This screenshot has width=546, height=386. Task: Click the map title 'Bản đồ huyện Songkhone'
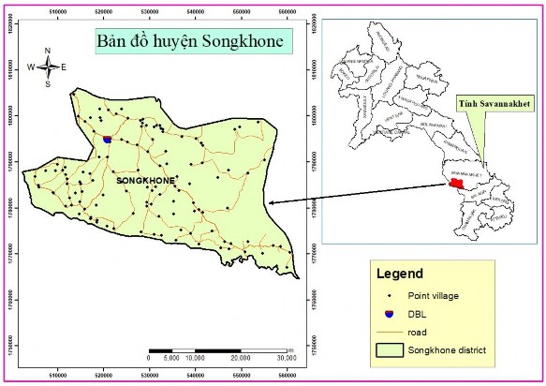[x=190, y=42]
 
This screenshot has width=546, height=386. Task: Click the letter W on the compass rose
[x=30, y=67]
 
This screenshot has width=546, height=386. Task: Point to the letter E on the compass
[x=64, y=67]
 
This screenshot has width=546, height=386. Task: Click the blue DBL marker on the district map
[x=107, y=139]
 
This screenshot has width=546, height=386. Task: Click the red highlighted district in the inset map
[x=456, y=183]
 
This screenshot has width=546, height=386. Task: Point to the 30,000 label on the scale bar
[x=282, y=357]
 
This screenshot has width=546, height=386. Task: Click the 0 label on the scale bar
[x=150, y=357]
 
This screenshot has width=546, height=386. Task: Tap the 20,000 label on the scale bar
[x=239, y=357]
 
